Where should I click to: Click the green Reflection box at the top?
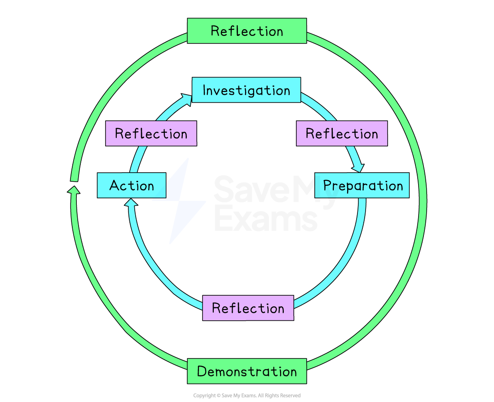click(x=247, y=31)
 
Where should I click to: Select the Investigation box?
click(x=246, y=90)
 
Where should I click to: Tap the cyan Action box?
click(x=132, y=185)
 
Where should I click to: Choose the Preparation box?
click(x=362, y=185)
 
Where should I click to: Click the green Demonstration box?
click(x=247, y=371)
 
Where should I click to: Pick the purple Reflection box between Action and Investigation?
click(x=151, y=133)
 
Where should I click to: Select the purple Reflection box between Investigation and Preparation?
click(x=342, y=133)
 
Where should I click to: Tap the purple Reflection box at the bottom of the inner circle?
click(x=248, y=308)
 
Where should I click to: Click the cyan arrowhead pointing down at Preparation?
click(x=358, y=167)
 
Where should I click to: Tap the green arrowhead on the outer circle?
click(x=74, y=190)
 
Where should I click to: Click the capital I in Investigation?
click(x=205, y=90)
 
